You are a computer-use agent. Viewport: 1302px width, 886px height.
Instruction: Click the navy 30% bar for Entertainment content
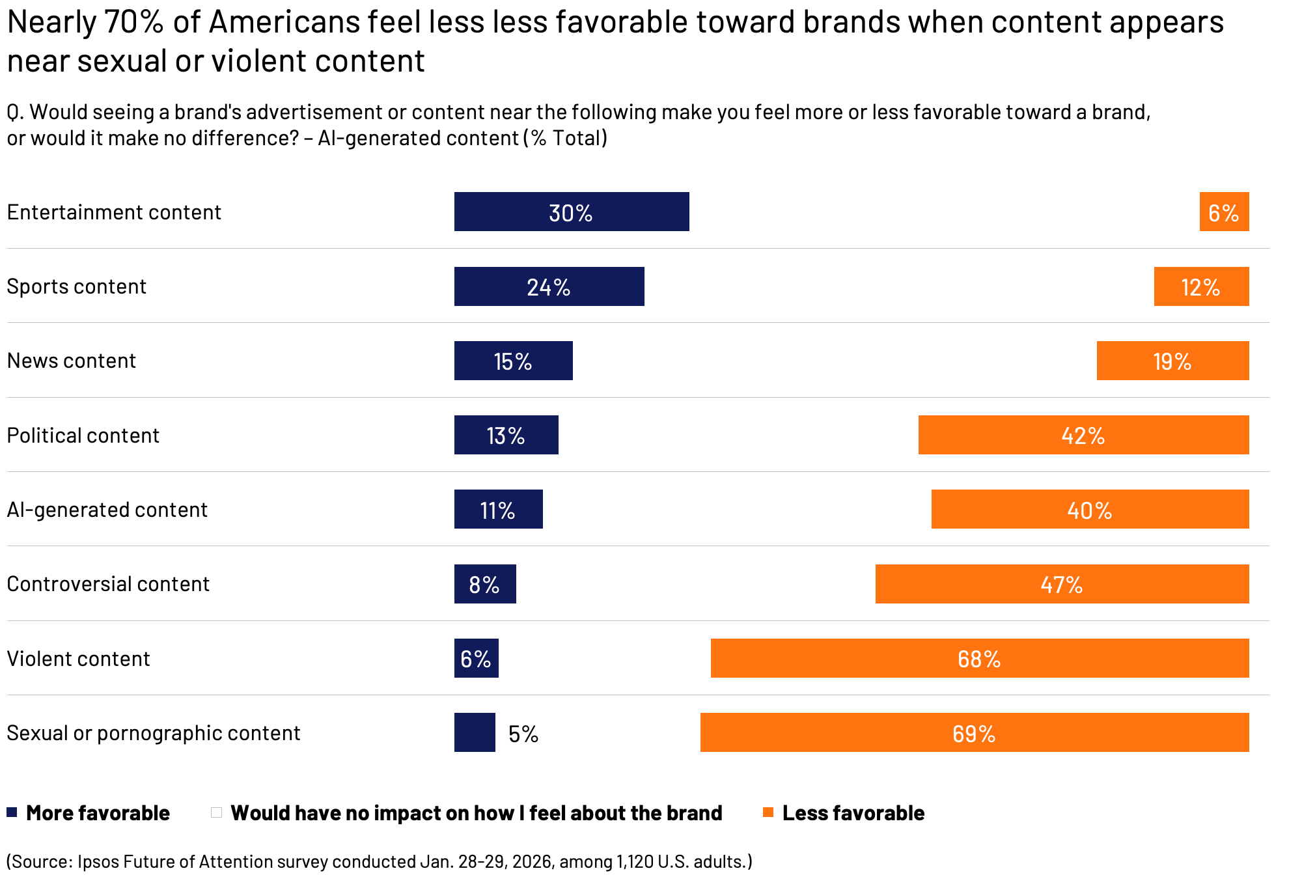click(572, 212)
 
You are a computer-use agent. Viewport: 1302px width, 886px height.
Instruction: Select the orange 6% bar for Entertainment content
click(1224, 212)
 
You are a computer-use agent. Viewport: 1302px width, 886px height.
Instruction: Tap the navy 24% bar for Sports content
click(549, 286)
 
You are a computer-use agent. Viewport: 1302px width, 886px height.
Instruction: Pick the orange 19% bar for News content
click(1172, 361)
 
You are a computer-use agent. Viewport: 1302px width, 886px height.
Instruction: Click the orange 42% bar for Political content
click(1083, 435)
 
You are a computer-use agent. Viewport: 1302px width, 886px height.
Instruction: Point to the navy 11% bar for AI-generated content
click(498, 509)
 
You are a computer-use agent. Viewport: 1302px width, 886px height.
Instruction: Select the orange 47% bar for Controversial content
click(1062, 584)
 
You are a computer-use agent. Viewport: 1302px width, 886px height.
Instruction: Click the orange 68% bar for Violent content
click(979, 658)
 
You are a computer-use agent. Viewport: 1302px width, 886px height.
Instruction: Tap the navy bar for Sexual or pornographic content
click(475, 732)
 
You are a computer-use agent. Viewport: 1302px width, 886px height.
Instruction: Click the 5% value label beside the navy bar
click(523, 734)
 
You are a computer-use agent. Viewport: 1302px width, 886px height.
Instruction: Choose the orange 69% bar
click(974, 732)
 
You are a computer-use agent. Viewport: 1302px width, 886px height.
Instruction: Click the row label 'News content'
click(72, 361)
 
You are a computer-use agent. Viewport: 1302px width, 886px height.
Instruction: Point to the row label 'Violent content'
click(78, 659)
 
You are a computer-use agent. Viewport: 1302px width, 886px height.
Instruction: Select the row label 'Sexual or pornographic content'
click(154, 733)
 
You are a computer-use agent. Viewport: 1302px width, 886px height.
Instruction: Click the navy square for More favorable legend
click(12, 812)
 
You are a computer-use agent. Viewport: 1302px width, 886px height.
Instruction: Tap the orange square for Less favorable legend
click(768, 812)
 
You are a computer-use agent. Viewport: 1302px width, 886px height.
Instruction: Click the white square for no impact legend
click(217, 812)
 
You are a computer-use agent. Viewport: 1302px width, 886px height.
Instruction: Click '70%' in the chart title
click(133, 22)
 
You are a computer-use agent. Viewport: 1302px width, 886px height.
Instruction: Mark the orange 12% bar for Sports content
click(1201, 286)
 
